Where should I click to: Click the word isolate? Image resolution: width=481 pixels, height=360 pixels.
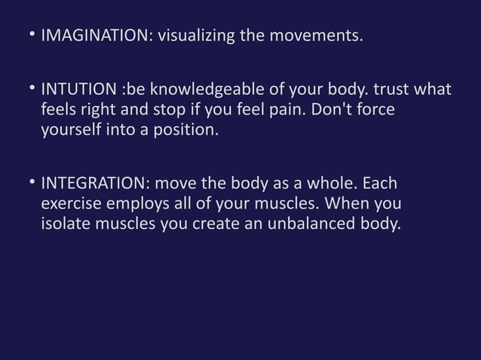[x=66, y=224]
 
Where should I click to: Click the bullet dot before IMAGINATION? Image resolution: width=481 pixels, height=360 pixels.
[x=32, y=35]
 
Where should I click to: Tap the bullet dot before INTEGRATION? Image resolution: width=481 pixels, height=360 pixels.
[x=32, y=185]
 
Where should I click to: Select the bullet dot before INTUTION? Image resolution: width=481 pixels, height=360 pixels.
[x=32, y=90]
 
